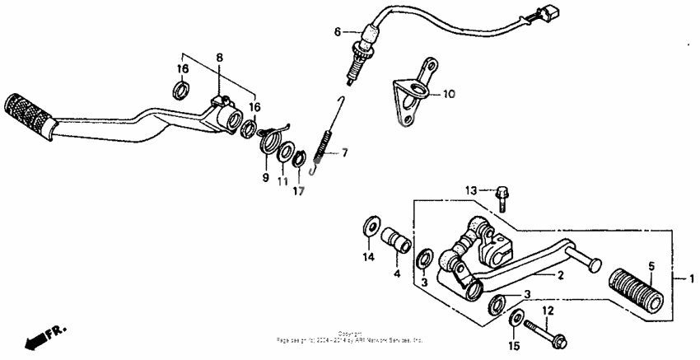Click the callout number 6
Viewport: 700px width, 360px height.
[337, 32]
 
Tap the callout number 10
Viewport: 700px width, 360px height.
[448, 94]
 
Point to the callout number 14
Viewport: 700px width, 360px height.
[369, 258]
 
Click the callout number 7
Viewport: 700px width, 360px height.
[345, 152]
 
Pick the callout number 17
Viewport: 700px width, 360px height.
[298, 191]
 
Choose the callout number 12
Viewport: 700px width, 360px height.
[548, 310]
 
